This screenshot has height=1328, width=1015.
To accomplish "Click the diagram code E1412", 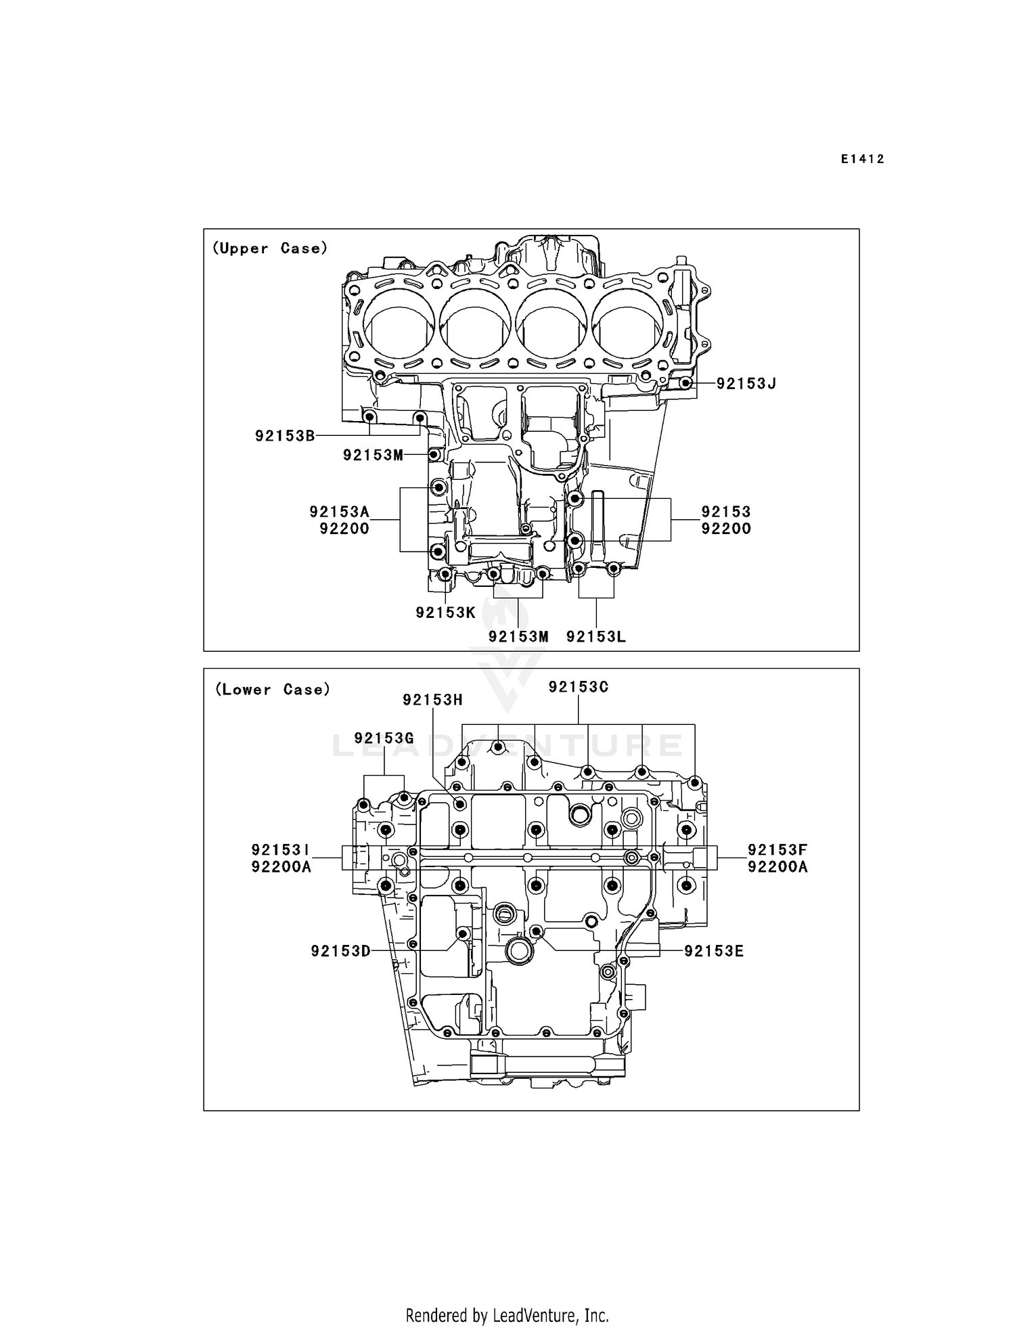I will coord(862,159).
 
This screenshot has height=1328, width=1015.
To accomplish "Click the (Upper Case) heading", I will coord(270,248).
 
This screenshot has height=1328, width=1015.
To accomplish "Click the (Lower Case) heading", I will coord(273,690).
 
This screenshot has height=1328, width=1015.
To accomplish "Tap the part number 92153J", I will coord(746,384).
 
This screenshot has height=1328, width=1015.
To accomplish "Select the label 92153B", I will coord(285,436).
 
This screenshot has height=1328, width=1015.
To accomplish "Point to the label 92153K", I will coord(445,613).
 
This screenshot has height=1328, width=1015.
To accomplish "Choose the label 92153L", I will coord(595,636).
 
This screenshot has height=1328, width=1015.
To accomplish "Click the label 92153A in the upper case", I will coord(340,512).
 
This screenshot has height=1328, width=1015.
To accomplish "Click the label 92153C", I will coord(579,687).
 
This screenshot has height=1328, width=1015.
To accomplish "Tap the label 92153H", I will coord(432,700).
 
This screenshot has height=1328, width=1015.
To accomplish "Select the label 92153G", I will coord(384,738).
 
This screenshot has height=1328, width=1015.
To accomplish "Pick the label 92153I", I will coord(281,849).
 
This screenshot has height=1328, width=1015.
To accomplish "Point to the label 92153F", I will coord(777,849).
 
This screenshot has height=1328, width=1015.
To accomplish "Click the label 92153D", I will coord(340,951).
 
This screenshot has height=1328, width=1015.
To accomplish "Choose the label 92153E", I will coord(714,951).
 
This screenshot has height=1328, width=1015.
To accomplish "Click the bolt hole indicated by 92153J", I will coord(685,384).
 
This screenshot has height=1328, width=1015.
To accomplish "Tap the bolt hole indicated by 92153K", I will coord(445,575).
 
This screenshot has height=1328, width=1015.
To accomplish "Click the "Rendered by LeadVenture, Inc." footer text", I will coord(507,1315).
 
